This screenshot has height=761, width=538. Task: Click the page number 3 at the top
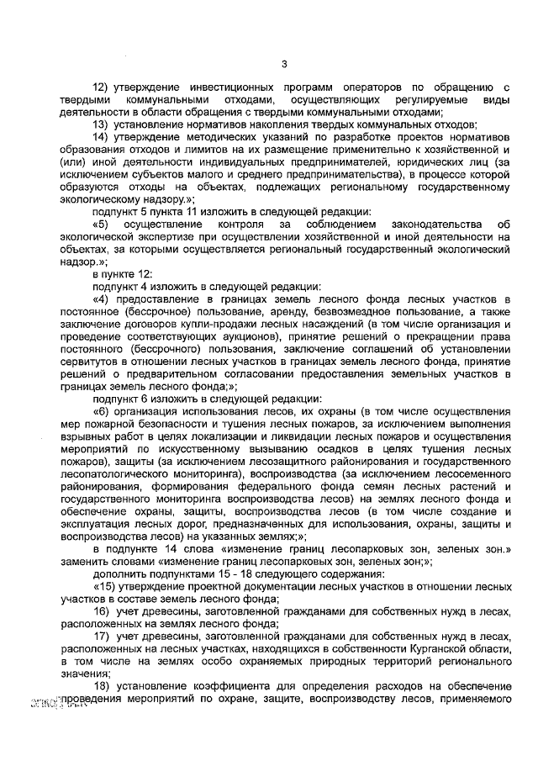[284, 64]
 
